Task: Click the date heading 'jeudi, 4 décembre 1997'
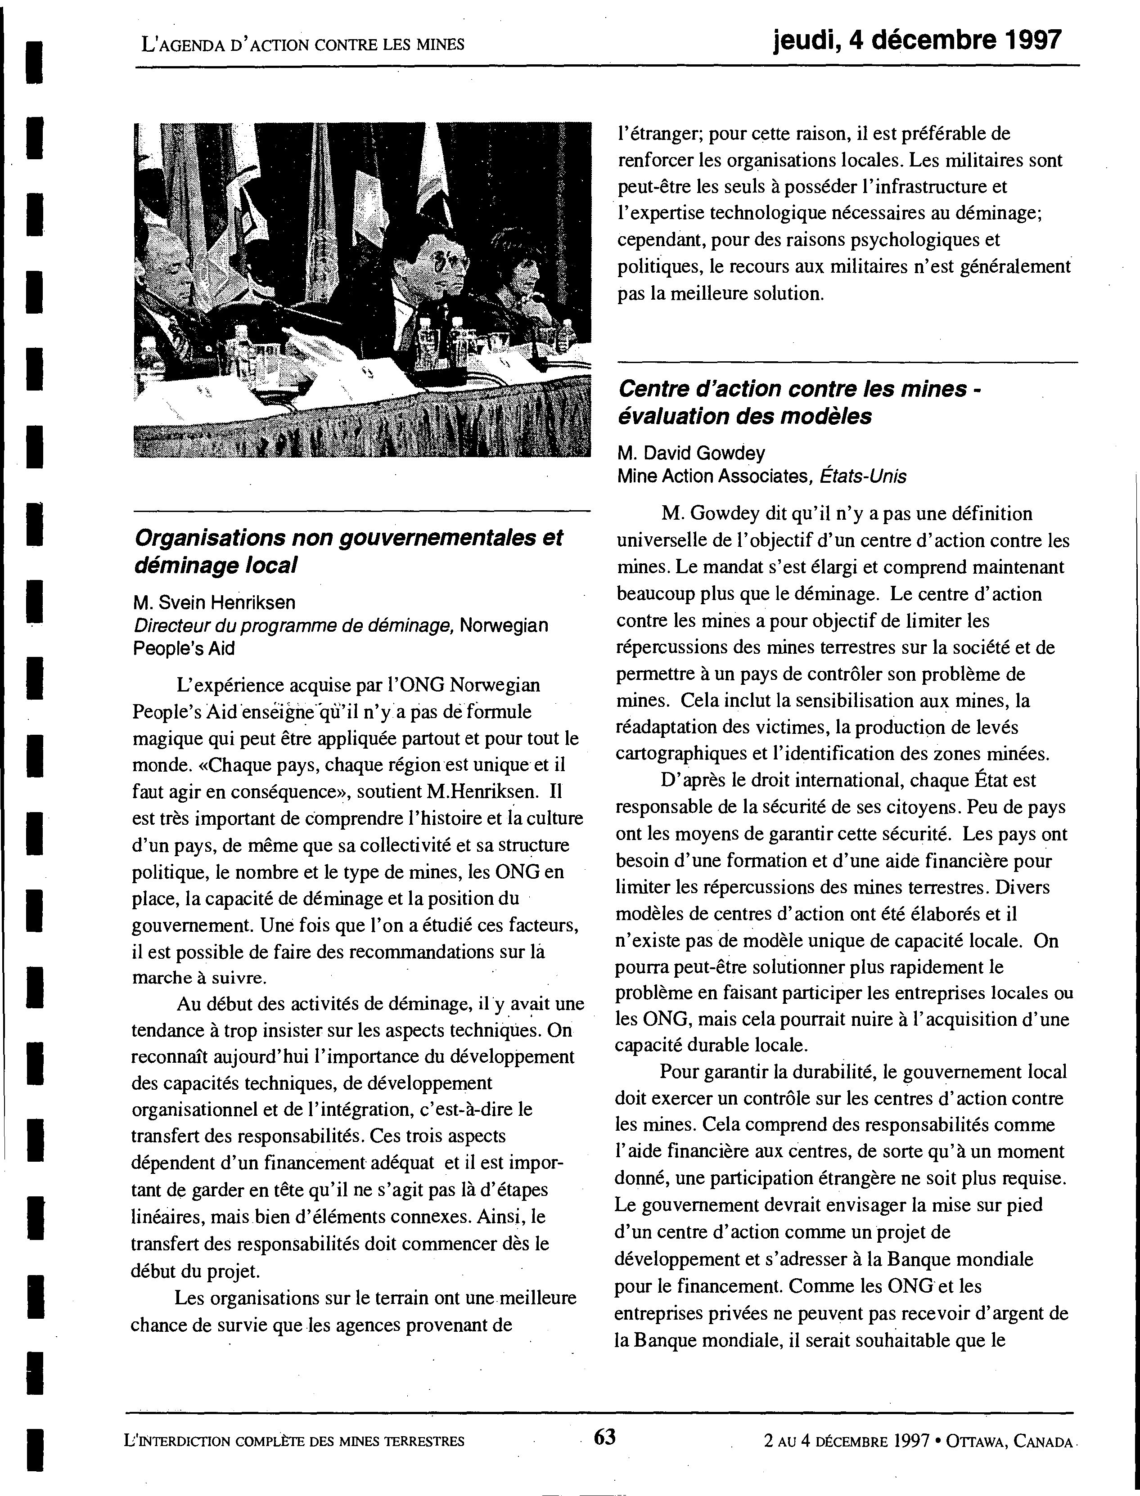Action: tap(917, 40)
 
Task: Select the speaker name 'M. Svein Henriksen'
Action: tap(214, 602)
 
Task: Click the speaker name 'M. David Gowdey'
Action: tap(691, 453)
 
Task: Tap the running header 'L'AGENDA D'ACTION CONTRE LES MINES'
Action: tap(302, 45)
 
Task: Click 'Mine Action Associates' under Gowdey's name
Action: tap(712, 477)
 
